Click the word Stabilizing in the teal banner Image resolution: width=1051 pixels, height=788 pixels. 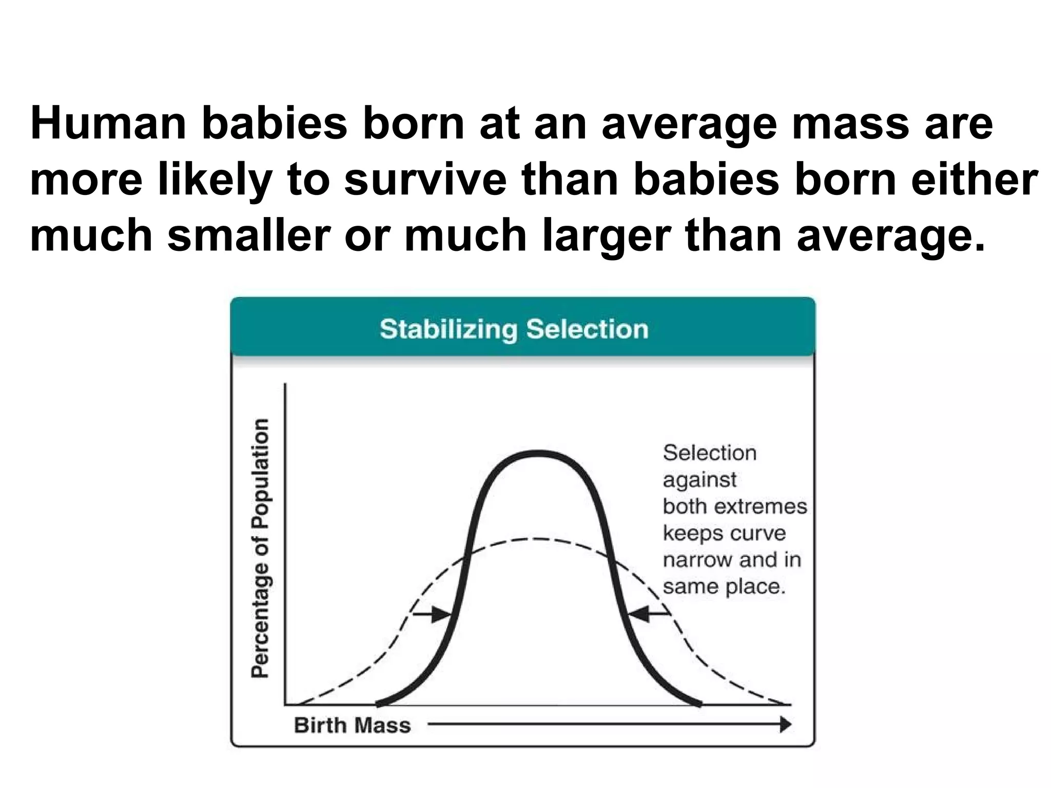tap(449, 329)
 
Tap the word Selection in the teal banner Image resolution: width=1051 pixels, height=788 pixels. tap(588, 329)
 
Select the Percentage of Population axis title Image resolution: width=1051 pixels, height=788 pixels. tap(260, 548)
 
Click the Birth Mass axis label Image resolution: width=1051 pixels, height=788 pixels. tap(353, 725)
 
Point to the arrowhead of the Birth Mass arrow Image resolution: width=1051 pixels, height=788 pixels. tap(785, 725)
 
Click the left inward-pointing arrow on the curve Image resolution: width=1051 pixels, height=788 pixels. tap(432, 614)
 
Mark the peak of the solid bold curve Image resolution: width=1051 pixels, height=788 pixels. tap(537, 453)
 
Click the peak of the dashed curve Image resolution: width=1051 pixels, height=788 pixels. tap(537, 539)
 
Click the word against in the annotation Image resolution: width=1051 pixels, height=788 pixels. tap(699, 480)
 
